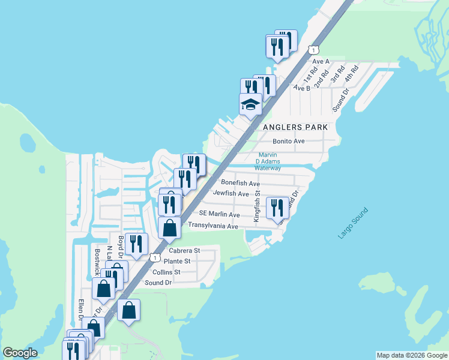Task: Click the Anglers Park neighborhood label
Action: [x=295, y=127]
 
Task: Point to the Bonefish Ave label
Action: [x=240, y=182]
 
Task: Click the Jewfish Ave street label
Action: [x=231, y=194]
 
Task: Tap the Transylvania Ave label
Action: [x=213, y=226]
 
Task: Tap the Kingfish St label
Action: [x=256, y=206]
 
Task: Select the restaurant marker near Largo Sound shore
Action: [x=277, y=208]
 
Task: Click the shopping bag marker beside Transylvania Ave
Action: [x=170, y=228]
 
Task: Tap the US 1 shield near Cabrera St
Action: [x=155, y=257]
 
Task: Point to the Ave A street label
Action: [x=321, y=61]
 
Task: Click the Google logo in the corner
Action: [x=20, y=353]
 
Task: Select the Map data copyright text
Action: [x=412, y=355]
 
